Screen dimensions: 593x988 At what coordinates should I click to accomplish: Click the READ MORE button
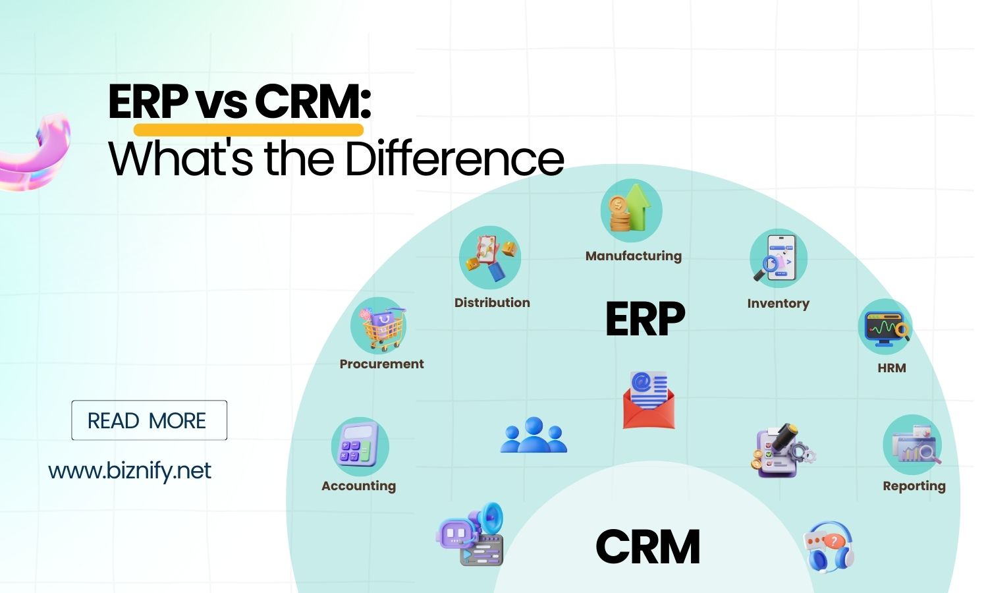pyautogui.click(x=149, y=420)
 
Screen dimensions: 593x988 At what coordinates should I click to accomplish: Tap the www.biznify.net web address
pyautogui.click(x=130, y=471)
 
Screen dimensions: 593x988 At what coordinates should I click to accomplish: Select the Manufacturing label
pyautogui.click(x=633, y=256)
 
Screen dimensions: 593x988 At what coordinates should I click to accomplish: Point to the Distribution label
pyautogui.click(x=492, y=302)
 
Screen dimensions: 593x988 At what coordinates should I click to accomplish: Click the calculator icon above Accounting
pyautogui.click(x=360, y=446)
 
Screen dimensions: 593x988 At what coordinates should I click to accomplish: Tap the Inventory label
pyautogui.click(x=778, y=303)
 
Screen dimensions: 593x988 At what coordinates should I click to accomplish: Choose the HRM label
pyautogui.click(x=891, y=368)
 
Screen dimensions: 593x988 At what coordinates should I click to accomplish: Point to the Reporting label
pyautogui.click(x=914, y=486)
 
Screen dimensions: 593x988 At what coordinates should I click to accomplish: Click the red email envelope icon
pyautogui.click(x=648, y=400)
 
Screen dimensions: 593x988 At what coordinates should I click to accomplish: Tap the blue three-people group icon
pyautogui.click(x=534, y=436)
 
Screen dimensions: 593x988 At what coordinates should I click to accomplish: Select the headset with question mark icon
pyautogui.click(x=829, y=547)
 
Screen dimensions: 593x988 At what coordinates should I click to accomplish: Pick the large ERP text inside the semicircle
pyautogui.click(x=645, y=319)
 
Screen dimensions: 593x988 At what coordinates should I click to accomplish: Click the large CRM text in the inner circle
pyautogui.click(x=647, y=547)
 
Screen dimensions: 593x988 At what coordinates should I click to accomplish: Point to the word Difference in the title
pyautogui.click(x=454, y=159)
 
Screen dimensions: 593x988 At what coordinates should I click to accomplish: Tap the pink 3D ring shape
pyautogui.click(x=36, y=153)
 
